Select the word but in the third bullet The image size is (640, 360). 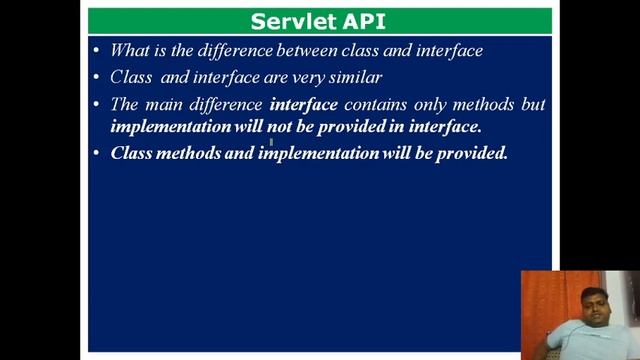click(533, 104)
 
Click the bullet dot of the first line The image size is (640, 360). click(96, 50)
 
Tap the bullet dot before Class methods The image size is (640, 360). click(96, 154)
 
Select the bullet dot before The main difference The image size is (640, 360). click(96, 104)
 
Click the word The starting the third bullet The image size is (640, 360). click(125, 104)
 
